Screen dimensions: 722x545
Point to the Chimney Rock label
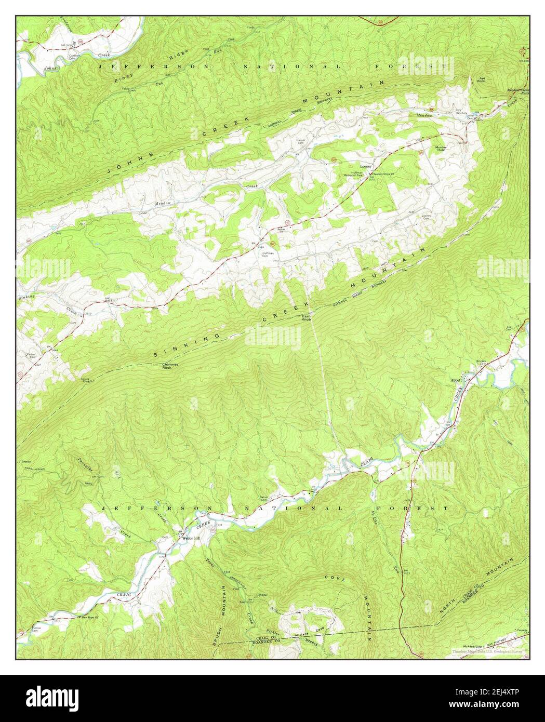point(170,366)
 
